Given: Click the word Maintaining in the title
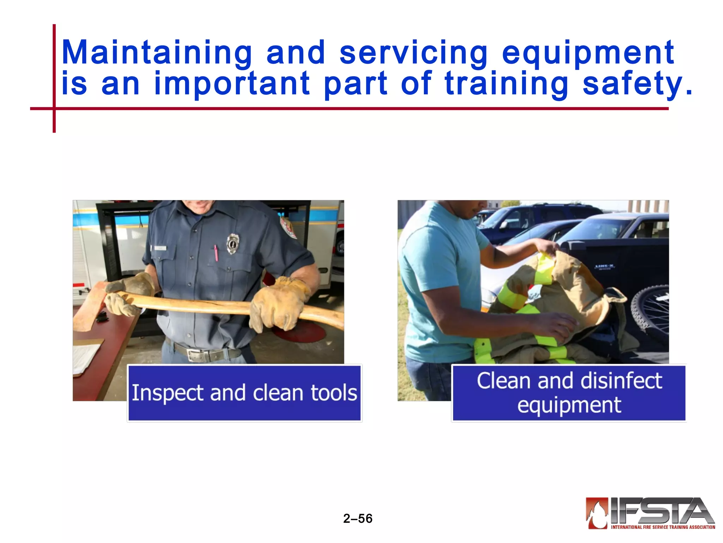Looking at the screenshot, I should [157, 53].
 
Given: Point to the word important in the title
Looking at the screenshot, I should [232, 84].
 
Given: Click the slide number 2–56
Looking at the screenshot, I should [358, 519].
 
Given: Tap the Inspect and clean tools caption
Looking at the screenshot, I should [244, 393].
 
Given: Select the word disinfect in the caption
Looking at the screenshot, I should [621, 381].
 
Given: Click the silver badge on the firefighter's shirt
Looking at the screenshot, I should [232, 244].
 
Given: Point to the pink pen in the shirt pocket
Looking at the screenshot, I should [216, 253].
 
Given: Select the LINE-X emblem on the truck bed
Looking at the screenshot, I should [604, 267].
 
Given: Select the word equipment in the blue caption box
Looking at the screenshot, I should [569, 405].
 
